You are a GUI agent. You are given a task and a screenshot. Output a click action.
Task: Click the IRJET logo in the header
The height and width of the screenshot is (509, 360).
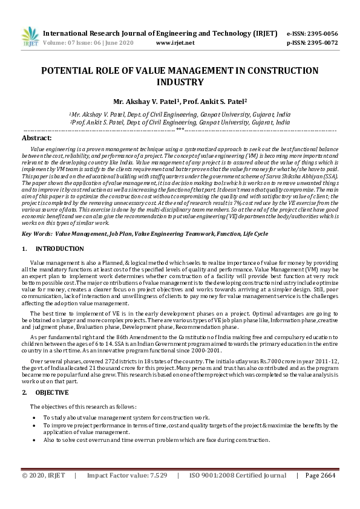(x=30, y=37)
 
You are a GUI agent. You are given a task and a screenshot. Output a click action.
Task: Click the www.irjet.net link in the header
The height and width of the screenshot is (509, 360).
(x=175, y=44)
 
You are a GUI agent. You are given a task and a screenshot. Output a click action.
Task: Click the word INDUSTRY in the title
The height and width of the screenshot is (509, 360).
(x=180, y=82)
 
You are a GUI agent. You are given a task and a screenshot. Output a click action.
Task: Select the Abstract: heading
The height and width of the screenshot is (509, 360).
(x=36, y=138)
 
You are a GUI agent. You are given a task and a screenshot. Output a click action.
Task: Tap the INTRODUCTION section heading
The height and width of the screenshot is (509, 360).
(x=60, y=248)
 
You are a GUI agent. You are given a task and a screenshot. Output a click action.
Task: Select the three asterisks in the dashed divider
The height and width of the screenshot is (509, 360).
(x=180, y=130)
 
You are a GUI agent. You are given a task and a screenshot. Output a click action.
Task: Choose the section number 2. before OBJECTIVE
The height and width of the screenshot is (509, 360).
(x=25, y=392)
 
